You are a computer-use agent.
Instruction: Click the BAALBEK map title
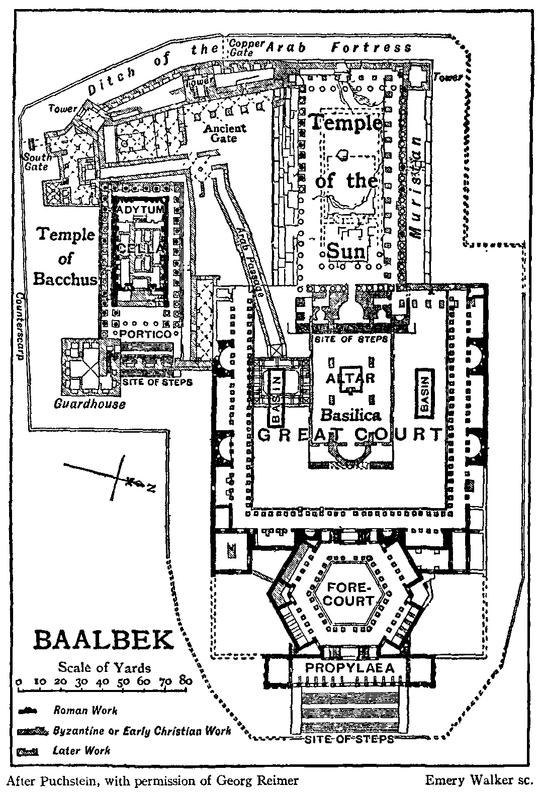103,641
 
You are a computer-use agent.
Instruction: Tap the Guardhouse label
89,404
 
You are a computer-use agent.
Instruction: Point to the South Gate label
38,162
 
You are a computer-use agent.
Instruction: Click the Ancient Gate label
225,133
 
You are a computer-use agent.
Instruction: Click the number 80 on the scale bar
186,681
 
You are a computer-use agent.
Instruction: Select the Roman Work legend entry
85,711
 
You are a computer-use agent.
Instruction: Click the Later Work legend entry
81,751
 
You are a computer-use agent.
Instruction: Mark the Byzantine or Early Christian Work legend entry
142,731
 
